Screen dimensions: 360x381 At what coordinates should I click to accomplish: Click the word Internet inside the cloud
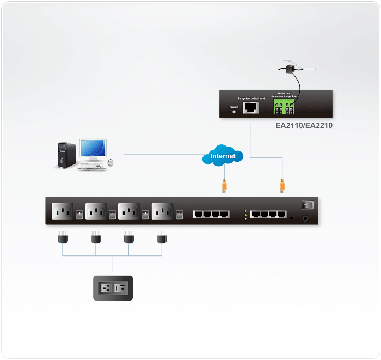[x=223, y=156]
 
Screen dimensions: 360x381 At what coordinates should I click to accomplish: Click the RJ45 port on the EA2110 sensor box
[x=251, y=107]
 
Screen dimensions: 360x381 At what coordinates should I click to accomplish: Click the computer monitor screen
[x=93, y=149]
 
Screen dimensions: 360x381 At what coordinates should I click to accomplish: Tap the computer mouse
[x=111, y=162]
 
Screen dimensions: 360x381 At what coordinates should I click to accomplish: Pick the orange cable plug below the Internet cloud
[x=224, y=185]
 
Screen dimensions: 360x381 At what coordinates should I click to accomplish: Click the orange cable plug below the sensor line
[x=282, y=185]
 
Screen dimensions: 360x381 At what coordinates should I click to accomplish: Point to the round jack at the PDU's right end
[x=305, y=218]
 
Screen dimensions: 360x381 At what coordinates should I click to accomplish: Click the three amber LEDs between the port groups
[x=245, y=214]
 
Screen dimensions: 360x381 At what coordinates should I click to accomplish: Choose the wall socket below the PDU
[x=113, y=287]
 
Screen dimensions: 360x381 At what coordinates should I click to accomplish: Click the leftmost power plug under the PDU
[x=62, y=238]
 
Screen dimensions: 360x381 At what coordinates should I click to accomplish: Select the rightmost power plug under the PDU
[x=161, y=238]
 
